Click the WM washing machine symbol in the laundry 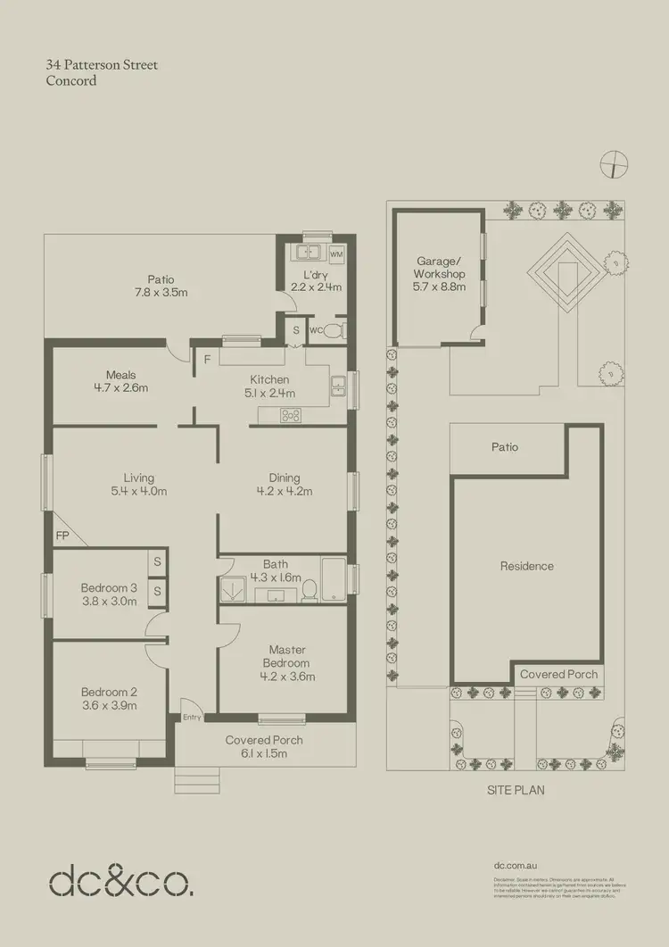coord(336,254)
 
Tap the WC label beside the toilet coord(314,330)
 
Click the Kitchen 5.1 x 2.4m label coord(268,386)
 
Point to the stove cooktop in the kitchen coord(291,414)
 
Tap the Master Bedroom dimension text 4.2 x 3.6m coord(286,676)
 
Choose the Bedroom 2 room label coord(109,692)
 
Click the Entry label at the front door coord(193,717)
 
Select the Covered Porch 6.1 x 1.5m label coord(264,746)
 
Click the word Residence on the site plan coord(526,566)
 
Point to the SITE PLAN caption coord(516,790)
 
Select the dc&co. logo coord(120,881)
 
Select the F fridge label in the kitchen coord(207,361)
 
